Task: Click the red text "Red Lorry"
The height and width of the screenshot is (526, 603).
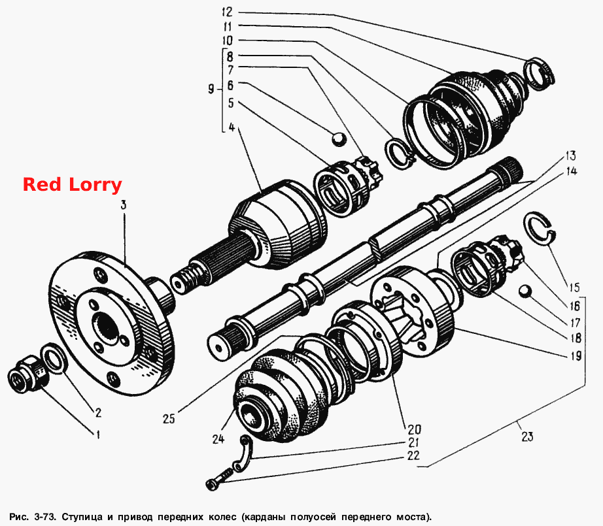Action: coord(73,185)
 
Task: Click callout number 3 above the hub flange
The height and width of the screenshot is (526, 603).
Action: coord(124,205)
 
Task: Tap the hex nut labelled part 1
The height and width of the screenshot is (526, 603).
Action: coord(28,374)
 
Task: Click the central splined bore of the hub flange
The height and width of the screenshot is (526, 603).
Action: coord(106,327)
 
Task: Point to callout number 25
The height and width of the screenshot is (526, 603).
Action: coord(169,418)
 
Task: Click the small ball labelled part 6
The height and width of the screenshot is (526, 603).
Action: coord(339,139)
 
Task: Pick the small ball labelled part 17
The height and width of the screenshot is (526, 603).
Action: coord(525,291)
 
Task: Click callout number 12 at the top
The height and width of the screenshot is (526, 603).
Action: coord(228,12)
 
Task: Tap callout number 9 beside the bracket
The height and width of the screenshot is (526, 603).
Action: coord(211,90)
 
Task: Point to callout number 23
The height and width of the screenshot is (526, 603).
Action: coord(527,436)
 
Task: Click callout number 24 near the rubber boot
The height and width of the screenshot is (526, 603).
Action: coord(218,438)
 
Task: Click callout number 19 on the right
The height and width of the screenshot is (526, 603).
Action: coord(576,356)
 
